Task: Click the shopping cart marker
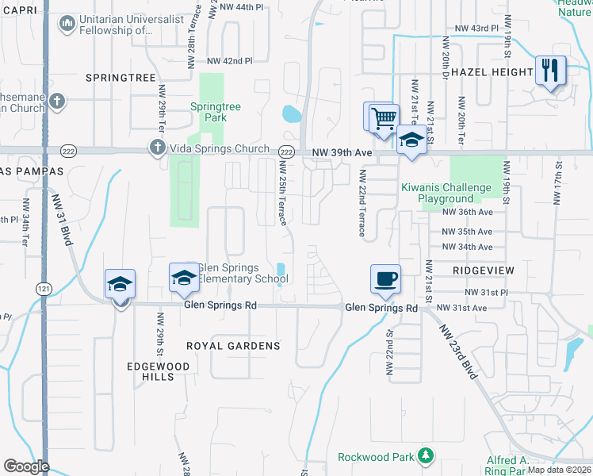(383, 118)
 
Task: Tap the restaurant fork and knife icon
(550, 70)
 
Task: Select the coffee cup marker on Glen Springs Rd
(386, 278)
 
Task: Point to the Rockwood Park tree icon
(427, 456)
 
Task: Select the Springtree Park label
(209, 112)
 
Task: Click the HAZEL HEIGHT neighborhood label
(494, 72)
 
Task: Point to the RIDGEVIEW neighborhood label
(483, 271)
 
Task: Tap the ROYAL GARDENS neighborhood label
(233, 346)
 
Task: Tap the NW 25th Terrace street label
(283, 193)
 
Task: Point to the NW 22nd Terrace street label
(362, 203)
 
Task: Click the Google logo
(26, 466)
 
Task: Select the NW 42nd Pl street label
(229, 61)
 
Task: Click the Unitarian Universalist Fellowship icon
(66, 25)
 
